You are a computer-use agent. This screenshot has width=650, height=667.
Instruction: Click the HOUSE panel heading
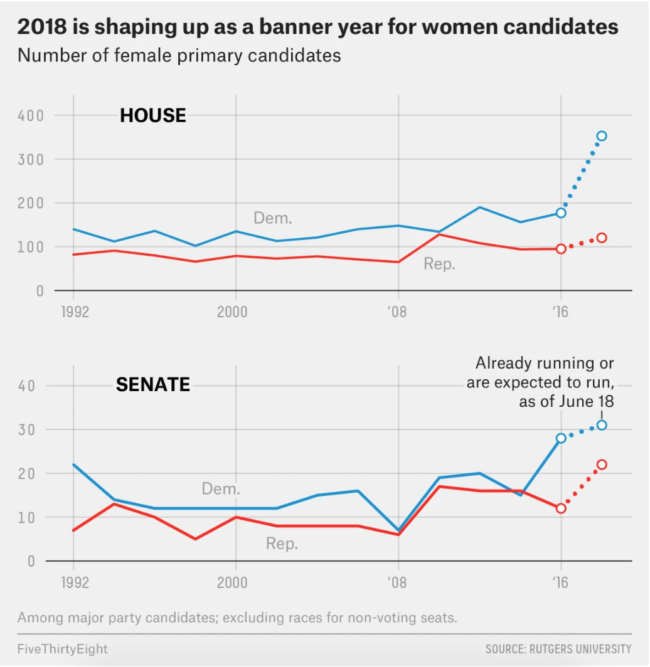coord(153,115)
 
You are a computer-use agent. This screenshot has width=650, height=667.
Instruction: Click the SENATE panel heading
coord(152,384)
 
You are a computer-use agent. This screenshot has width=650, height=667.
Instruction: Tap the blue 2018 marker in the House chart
coord(602,136)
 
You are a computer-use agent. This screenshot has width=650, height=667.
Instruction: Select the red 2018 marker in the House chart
coord(602,238)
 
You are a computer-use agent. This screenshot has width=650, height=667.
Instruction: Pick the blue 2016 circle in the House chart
coord(561,213)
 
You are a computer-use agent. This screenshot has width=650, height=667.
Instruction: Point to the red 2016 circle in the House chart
coord(561,249)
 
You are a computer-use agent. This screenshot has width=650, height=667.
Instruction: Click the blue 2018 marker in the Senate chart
coord(602,425)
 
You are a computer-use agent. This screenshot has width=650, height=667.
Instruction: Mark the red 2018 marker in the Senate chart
coord(602,465)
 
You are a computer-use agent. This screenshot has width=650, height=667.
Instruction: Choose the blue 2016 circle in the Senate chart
coord(561,438)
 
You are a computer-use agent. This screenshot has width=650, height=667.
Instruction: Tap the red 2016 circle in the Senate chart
coord(561,508)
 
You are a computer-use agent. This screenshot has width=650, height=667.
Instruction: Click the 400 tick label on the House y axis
coord(31,115)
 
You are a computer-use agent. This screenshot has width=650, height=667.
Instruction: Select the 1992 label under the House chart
coord(75,312)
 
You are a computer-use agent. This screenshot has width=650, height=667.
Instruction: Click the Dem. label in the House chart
coord(273,218)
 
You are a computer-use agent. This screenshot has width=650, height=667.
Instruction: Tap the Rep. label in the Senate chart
coord(282,544)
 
